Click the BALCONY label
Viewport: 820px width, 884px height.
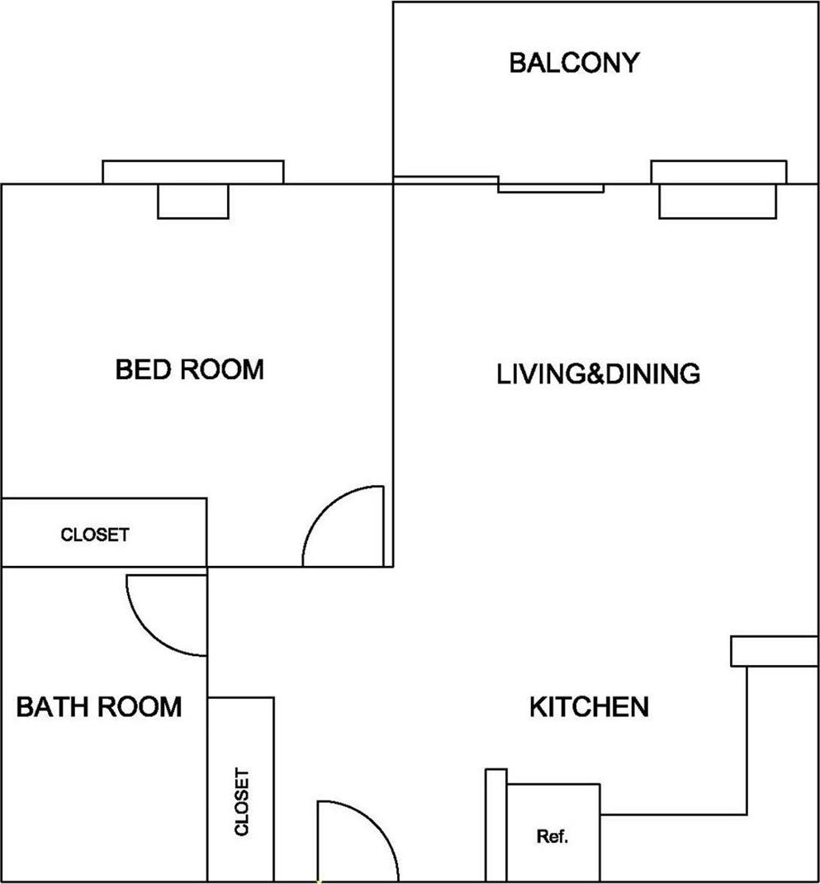(x=574, y=63)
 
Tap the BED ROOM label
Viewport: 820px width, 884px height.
(x=190, y=369)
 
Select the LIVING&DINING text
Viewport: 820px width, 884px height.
(x=598, y=373)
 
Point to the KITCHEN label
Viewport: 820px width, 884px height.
(x=588, y=707)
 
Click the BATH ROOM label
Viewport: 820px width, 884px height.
(x=99, y=707)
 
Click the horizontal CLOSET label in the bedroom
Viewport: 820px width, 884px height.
(x=95, y=535)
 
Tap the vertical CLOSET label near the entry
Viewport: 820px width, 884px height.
(x=241, y=802)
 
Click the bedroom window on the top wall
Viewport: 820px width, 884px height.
(x=193, y=172)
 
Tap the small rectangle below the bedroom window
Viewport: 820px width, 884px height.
(x=193, y=202)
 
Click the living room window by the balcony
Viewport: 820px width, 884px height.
(x=718, y=172)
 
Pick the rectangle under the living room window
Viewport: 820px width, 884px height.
(x=717, y=202)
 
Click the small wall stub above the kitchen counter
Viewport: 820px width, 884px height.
(x=774, y=651)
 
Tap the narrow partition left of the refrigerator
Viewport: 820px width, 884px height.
(x=495, y=825)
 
